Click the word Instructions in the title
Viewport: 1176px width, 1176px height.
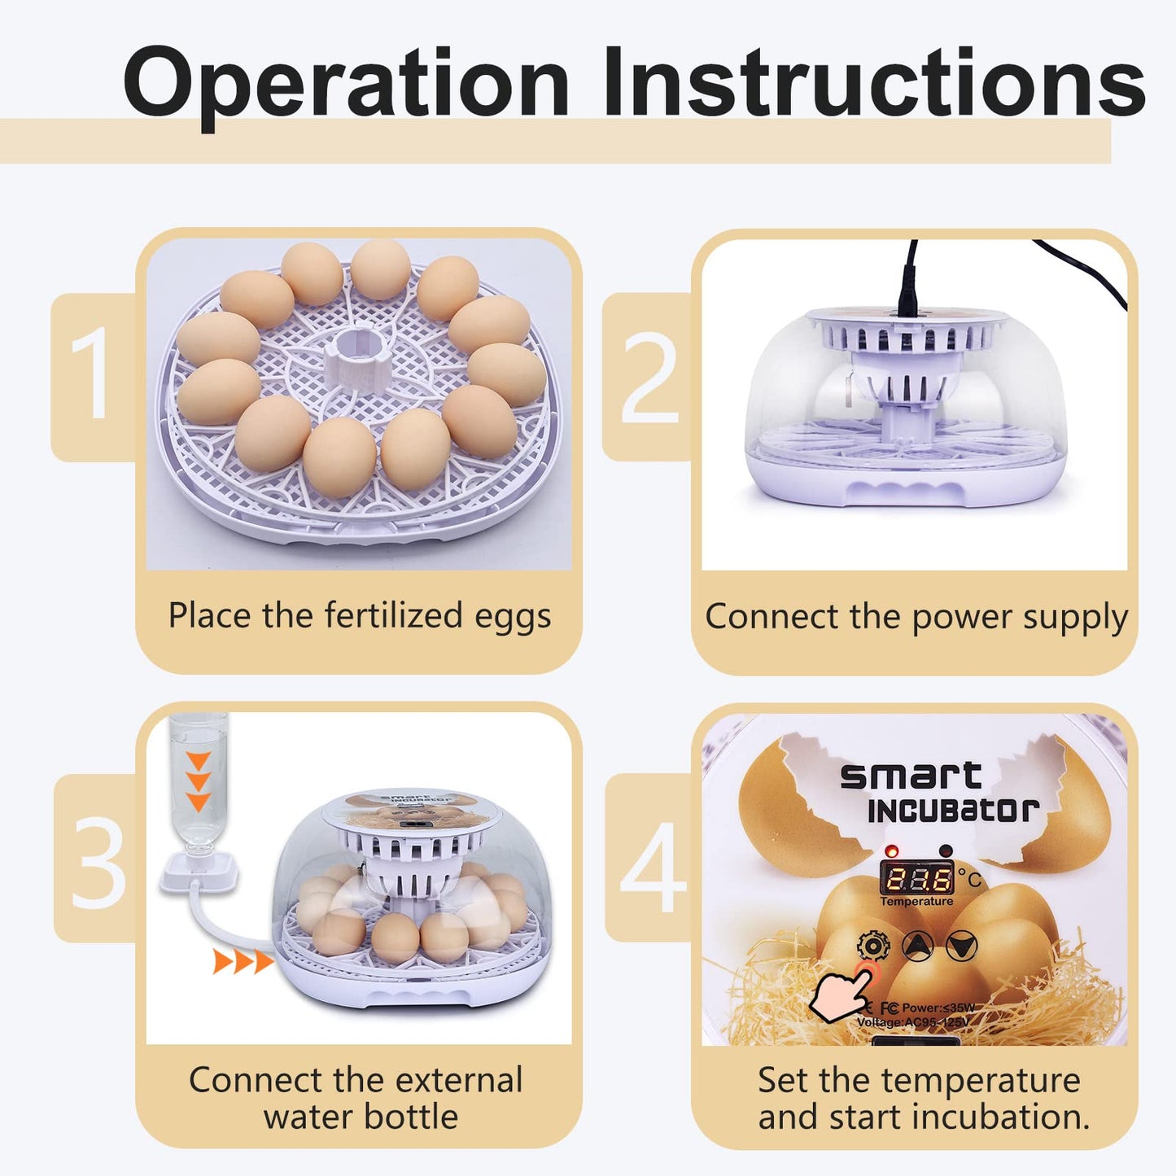pos(873,81)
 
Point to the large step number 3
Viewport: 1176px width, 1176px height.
pos(98,863)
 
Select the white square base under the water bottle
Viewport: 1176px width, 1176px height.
pos(198,872)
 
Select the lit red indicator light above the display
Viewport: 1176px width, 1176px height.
pos(892,850)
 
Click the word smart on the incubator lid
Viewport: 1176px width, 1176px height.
pos(911,776)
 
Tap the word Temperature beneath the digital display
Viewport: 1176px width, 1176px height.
pos(916,902)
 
